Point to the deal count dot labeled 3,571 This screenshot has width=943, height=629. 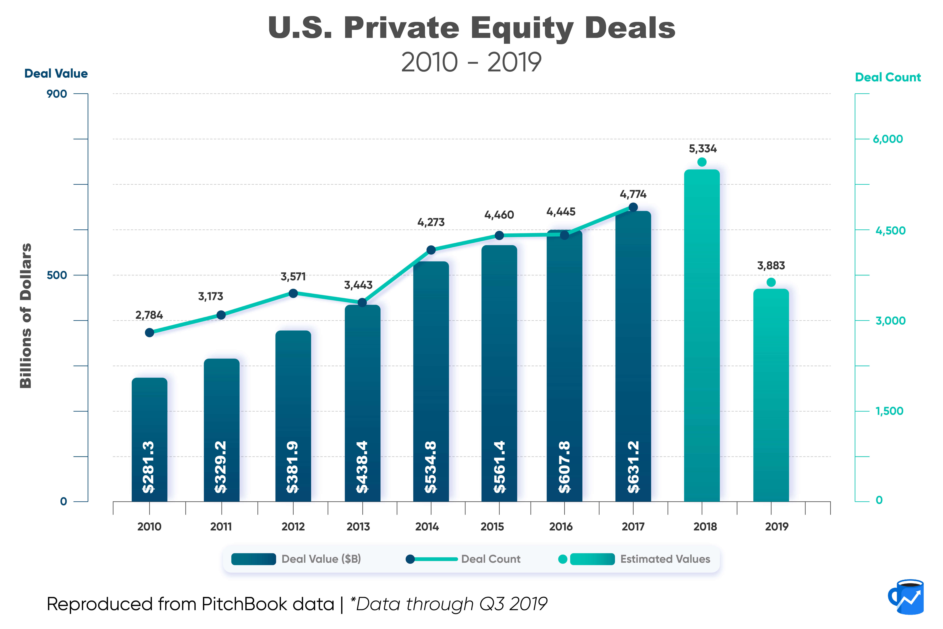293,293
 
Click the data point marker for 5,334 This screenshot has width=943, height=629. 702,162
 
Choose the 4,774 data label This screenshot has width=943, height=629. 633,194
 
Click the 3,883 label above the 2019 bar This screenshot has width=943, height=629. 771,266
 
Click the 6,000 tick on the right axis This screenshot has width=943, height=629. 888,139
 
